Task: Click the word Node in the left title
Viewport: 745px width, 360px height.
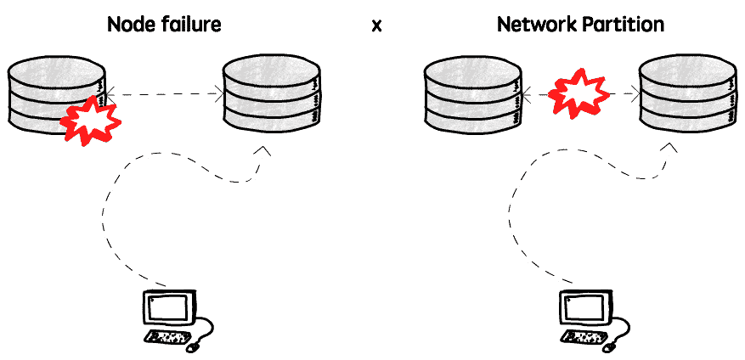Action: (x=127, y=25)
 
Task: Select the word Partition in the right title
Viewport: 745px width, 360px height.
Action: (x=620, y=25)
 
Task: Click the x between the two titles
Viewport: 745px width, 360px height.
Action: (x=376, y=25)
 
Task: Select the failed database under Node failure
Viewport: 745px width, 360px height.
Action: (x=57, y=95)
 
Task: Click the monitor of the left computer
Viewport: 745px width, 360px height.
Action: (x=169, y=307)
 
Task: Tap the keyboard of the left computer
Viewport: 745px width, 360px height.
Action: (x=168, y=337)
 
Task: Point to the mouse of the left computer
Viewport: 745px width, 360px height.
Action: (x=192, y=348)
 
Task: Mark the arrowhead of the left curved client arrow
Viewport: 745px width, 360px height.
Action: (x=262, y=151)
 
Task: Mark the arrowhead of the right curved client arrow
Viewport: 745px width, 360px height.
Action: (x=670, y=148)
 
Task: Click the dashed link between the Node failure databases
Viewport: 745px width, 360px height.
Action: (x=165, y=94)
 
